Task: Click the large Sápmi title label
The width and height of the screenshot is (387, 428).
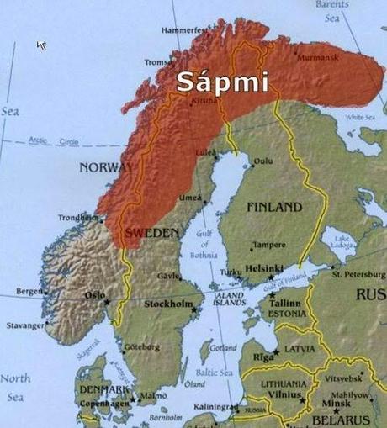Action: click(222, 82)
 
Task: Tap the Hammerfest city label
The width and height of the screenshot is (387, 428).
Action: click(183, 30)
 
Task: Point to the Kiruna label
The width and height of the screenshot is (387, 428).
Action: click(204, 100)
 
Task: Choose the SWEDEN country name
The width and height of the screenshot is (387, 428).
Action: click(151, 231)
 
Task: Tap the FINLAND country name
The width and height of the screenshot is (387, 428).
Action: click(273, 207)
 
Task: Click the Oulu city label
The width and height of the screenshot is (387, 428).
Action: click(263, 161)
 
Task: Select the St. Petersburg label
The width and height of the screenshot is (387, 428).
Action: click(358, 274)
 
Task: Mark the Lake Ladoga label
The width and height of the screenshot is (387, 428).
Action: click(342, 243)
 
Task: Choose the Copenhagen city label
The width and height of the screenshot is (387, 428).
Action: click(104, 404)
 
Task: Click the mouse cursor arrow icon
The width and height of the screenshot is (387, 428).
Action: click(41, 44)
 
